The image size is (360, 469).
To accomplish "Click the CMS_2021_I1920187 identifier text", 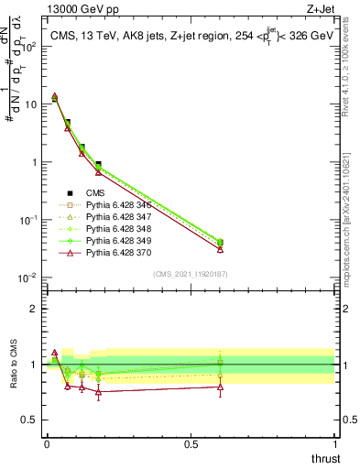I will point(191,273).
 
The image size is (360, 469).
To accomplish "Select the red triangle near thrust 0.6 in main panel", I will point(220,248).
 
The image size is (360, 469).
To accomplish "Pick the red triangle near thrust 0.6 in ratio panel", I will point(220,387).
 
